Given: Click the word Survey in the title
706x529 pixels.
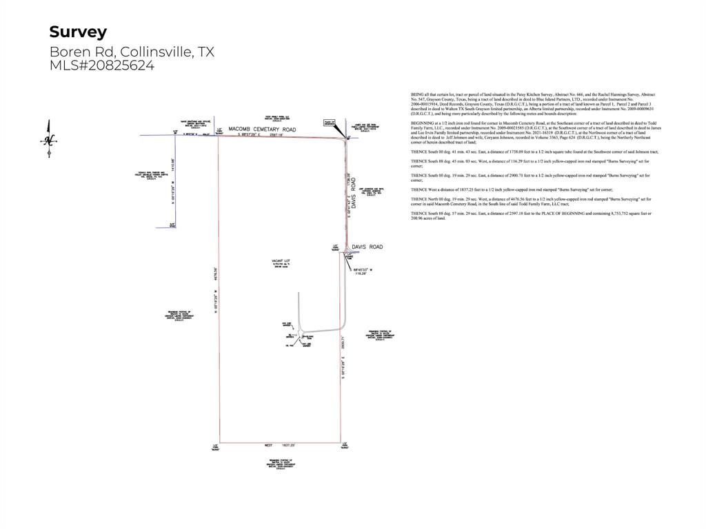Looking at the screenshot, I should click(x=78, y=32).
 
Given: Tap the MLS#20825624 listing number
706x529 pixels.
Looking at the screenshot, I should click(x=102, y=66).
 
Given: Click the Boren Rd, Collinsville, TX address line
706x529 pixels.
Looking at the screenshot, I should click(x=132, y=52).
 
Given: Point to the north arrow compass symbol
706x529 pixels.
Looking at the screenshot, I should click(x=48, y=139).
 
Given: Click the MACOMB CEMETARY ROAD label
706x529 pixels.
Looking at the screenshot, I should click(x=262, y=129).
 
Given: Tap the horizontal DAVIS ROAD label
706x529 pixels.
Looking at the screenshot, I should click(x=367, y=247).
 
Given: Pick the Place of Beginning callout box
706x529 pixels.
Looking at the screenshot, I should click(x=329, y=123).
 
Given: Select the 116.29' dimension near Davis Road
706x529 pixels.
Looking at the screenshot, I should click(x=360, y=273).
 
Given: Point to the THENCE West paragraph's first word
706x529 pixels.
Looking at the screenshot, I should click(x=419, y=189).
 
